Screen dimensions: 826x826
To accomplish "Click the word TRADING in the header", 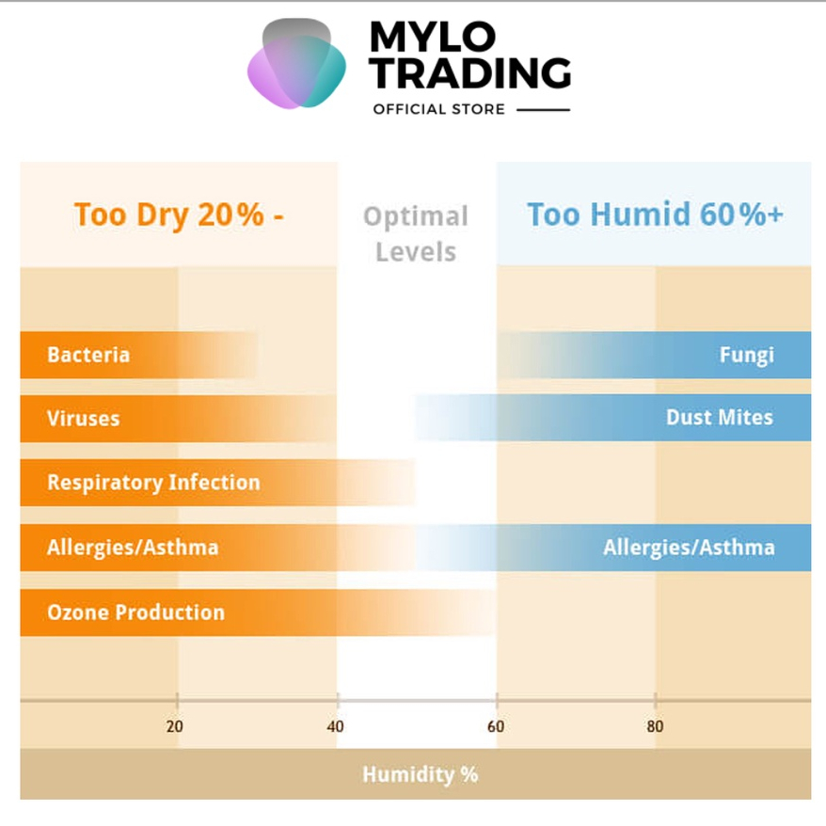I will pos(470,73).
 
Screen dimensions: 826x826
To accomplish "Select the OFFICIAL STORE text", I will pos(438,109).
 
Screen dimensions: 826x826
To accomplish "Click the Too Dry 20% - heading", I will pos(179,214).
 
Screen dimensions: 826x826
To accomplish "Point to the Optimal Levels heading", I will pos(416,234).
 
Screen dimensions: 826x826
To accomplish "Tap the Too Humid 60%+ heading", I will pos(655,214).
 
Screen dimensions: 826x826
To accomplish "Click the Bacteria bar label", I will pos(88,356).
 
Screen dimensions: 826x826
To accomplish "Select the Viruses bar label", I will pos(84,418).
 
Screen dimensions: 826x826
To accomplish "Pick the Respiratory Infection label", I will pos(153,483).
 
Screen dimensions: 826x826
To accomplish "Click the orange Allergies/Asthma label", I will pos(133,548).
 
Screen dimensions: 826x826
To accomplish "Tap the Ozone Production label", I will pos(135,612).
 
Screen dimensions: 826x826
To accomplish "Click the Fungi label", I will pos(746,356).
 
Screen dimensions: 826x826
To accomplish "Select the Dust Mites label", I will pos(719,418).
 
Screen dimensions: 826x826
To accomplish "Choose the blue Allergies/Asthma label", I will pos(689,548).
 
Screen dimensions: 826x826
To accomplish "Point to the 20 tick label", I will pos(175,726).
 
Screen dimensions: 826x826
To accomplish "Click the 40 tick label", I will pos(336,726).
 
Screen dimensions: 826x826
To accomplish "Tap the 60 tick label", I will pos(496,726).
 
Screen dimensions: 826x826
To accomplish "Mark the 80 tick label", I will pos(655,726).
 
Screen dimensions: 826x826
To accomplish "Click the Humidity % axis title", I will pos(420,774).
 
